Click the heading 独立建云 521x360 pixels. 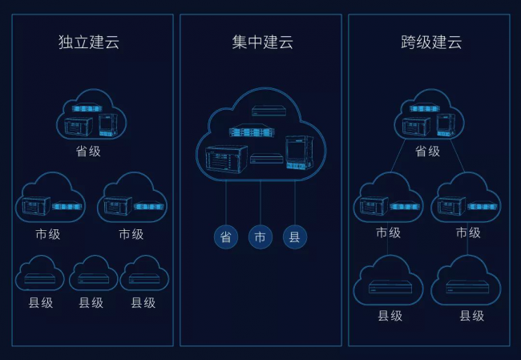tap(88, 42)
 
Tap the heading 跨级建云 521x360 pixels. tap(431, 42)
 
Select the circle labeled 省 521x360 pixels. tap(226, 237)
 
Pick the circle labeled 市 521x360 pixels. tap(260, 237)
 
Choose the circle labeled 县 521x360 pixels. tap(295, 237)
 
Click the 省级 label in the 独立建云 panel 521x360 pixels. tap(88, 151)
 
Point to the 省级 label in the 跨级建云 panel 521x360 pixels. tap(427, 151)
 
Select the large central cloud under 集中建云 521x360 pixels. tap(260, 136)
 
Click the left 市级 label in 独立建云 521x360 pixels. tap(48, 234)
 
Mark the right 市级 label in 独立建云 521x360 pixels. tap(131, 234)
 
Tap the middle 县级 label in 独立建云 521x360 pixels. tap(91, 303)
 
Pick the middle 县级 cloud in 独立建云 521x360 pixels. tap(93, 275)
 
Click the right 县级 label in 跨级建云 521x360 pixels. tap(471, 315)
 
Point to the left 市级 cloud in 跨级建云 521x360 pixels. tap(388, 200)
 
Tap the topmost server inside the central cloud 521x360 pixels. tap(264, 111)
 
